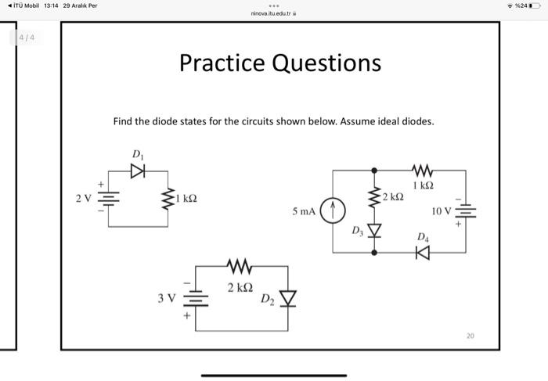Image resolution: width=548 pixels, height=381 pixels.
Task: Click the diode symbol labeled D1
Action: [138, 172]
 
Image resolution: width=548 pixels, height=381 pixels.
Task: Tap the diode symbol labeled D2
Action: [289, 297]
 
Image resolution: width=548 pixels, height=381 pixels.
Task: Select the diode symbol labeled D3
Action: [373, 230]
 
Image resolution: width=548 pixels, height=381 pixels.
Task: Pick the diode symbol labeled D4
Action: [423, 252]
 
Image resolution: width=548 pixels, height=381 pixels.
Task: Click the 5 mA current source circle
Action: [333, 210]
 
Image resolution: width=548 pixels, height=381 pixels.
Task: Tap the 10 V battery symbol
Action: [466, 211]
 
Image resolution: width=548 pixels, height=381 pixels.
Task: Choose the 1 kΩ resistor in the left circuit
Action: [167, 199]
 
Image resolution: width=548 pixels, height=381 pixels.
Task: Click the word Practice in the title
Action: [222, 63]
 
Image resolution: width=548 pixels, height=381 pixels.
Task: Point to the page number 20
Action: [470, 336]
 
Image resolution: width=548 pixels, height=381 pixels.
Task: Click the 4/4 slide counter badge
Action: [27, 38]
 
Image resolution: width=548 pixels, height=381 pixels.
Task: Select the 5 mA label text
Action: [304, 210]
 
